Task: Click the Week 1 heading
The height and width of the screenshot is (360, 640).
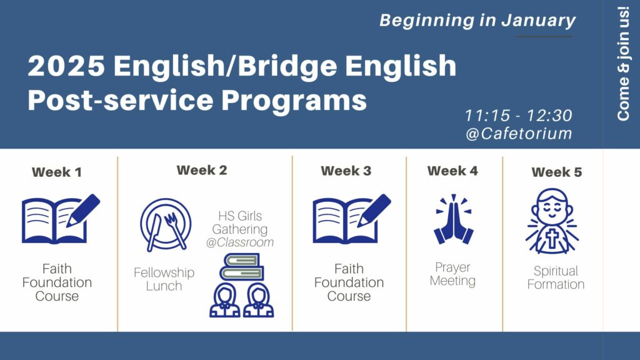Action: (57, 172)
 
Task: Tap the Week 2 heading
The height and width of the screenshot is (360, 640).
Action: (202, 170)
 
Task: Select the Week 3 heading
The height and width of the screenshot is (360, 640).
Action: (346, 171)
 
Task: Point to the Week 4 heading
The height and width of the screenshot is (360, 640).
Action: (452, 171)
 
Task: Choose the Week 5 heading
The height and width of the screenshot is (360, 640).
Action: (557, 172)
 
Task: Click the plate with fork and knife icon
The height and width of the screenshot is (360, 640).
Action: (165, 224)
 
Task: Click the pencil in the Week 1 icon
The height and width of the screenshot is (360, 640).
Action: (83, 210)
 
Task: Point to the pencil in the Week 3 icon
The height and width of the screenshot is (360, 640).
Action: (374, 210)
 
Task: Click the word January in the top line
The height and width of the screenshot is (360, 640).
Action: (538, 21)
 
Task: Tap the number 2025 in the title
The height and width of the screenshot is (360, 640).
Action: (66, 66)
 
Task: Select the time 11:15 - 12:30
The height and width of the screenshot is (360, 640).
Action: (518, 116)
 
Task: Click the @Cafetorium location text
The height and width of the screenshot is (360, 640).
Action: (519, 134)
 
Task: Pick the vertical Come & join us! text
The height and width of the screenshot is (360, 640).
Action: (623, 64)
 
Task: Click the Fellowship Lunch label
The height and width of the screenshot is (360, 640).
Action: (164, 279)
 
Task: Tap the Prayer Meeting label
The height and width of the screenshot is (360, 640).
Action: (452, 274)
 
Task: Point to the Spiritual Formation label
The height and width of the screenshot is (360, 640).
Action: (556, 277)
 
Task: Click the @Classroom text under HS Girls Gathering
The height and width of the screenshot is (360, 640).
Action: (240, 242)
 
